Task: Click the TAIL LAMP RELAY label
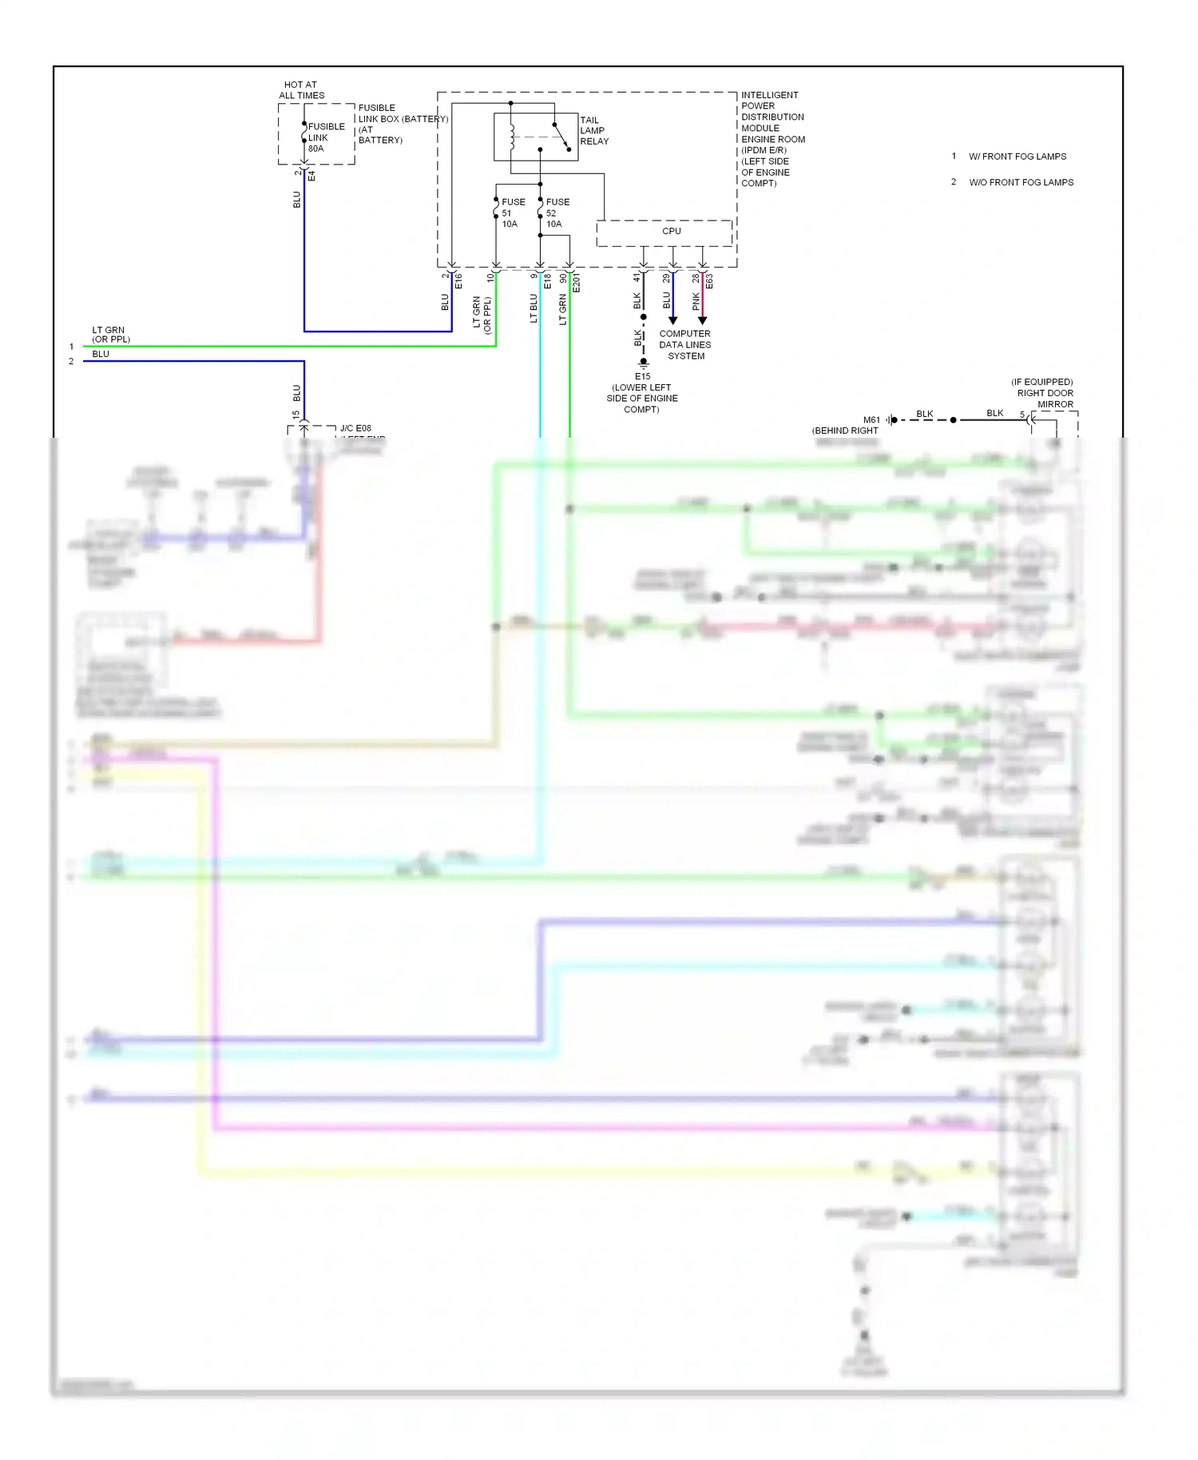(x=593, y=131)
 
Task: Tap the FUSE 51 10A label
(x=512, y=213)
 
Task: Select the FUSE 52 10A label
(x=556, y=213)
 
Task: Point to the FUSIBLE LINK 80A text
(x=325, y=137)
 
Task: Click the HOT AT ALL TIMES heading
(x=301, y=90)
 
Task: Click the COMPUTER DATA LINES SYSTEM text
(x=684, y=345)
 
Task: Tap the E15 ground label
(x=642, y=376)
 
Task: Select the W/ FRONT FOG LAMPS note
(x=1017, y=157)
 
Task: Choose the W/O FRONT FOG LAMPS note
(x=1021, y=183)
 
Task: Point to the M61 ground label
(x=871, y=420)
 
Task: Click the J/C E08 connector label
(x=355, y=429)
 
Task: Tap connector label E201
(x=577, y=282)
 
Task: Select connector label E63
(x=709, y=281)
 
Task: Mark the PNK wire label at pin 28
(x=696, y=302)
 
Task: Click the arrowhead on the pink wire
(x=702, y=320)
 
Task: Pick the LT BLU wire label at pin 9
(x=534, y=308)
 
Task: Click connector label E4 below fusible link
(x=312, y=176)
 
